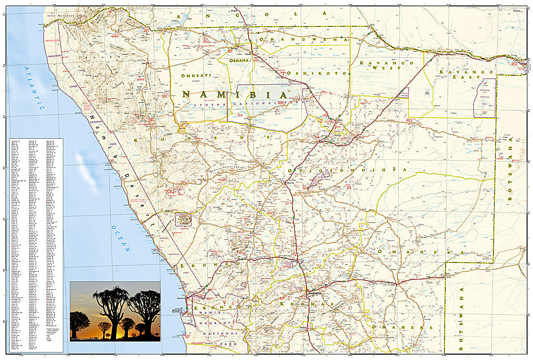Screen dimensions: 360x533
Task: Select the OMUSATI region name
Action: pos(196,76)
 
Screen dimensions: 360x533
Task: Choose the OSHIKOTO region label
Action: pos(316,73)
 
